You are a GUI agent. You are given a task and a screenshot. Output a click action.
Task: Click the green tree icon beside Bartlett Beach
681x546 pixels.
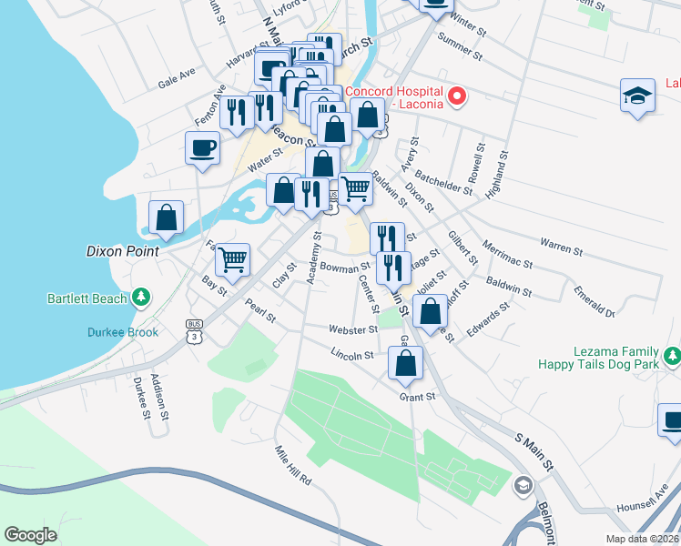coord(141,297)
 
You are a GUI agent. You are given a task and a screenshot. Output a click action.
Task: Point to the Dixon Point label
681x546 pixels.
coord(122,251)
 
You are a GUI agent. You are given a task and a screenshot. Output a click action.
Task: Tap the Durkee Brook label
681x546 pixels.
coord(123,332)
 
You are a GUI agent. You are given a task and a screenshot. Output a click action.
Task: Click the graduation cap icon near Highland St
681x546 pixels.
coord(638,96)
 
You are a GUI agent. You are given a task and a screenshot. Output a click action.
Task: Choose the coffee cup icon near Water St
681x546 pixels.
coord(202,147)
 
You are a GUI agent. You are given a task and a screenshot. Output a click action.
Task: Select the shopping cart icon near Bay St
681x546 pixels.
coord(233,258)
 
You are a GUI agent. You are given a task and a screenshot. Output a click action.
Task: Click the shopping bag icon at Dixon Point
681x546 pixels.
coord(166,217)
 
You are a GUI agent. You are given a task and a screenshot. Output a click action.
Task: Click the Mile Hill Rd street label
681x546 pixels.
coord(294,465)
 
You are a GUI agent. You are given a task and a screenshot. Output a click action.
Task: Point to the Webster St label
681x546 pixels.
coord(354,329)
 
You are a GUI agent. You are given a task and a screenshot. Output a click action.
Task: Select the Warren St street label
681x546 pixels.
coord(561,244)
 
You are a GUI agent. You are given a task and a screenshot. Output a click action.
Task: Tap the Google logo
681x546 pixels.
coord(31,535)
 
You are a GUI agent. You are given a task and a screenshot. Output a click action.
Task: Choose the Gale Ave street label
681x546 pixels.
coord(177,79)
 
